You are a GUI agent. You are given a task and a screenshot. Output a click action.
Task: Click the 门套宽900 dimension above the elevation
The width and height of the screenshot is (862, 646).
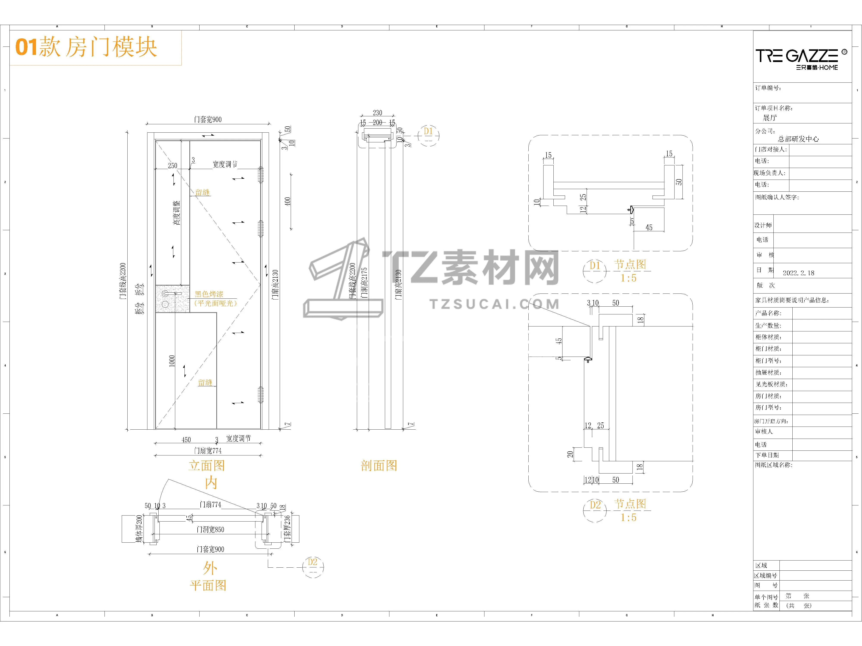[x=208, y=120]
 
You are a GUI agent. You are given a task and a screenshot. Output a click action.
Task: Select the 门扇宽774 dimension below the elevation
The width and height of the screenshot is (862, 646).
[x=208, y=450]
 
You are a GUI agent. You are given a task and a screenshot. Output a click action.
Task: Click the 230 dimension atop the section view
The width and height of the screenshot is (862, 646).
[x=377, y=113]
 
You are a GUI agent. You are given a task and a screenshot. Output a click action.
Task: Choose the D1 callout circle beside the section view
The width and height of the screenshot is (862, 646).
[x=428, y=132]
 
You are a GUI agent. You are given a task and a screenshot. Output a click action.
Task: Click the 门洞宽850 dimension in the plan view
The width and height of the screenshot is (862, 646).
[x=210, y=530]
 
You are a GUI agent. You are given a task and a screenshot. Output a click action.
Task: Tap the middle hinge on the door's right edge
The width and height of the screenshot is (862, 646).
[x=261, y=228]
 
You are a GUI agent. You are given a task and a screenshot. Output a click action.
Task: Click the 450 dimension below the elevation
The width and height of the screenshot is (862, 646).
[x=186, y=440]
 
